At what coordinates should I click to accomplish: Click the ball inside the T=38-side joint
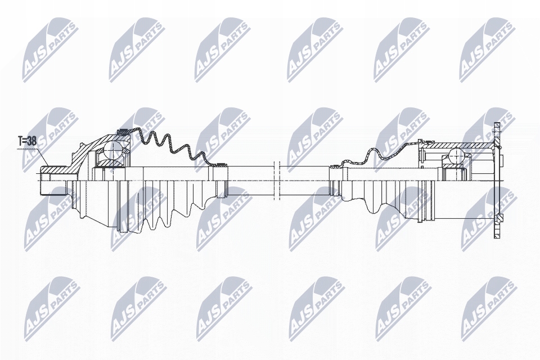coord(113,150)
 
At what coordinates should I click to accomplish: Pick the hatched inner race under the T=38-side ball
coord(112,164)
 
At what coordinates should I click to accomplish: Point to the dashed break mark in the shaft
coord(276,180)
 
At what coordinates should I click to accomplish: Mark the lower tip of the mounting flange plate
coord(496,235)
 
